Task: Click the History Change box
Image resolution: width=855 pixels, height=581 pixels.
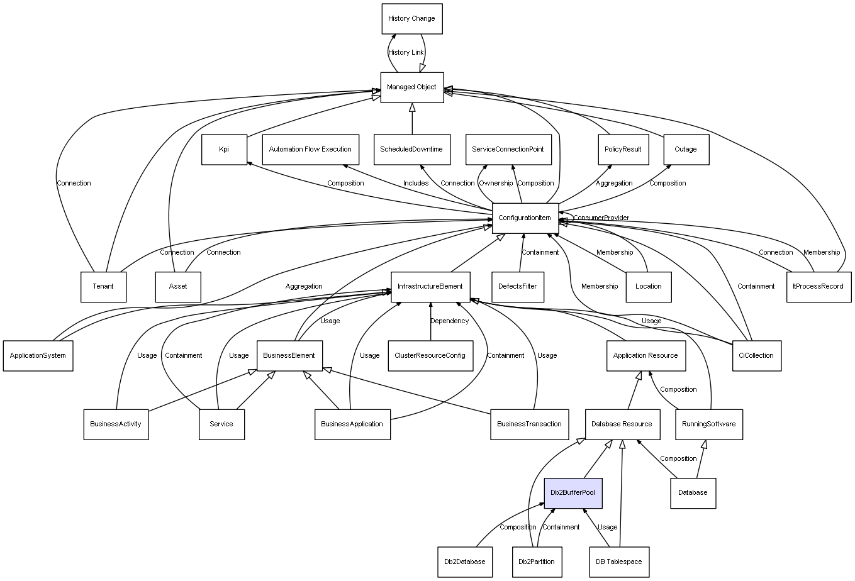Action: point(412,19)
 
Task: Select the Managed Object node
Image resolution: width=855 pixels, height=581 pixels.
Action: point(412,87)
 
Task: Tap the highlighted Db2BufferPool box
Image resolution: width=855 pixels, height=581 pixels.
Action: point(573,493)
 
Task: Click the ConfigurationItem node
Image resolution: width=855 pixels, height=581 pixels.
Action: point(525,218)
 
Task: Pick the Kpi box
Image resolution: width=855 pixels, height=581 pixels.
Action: point(225,150)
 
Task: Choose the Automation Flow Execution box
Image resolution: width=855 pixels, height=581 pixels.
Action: point(311,150)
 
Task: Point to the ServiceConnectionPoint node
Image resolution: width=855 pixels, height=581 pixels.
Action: point(508,150)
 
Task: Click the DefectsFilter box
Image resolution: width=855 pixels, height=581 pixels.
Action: point(518,287)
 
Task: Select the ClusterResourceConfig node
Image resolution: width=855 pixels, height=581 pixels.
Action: point(430,355)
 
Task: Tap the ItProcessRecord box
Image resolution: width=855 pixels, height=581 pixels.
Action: point(819,287)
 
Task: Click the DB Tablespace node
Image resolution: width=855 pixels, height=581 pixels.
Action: point(619,562)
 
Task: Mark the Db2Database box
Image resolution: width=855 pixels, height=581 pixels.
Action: point(465,562)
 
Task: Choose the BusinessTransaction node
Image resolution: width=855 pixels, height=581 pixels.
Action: point(529,424)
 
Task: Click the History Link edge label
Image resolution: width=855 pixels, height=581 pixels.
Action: point(406,52)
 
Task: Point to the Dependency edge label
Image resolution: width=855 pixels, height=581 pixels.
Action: point(450,321)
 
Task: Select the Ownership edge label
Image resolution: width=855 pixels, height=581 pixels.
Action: point(496,183)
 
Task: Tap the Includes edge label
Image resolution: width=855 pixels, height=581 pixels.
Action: point(416,183)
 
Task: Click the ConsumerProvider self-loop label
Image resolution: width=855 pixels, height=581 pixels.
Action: point(601,218)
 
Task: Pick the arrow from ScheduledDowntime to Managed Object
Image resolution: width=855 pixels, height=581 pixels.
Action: point(412,119)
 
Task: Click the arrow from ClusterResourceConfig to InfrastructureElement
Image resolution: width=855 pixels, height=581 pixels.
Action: point(430,321)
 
